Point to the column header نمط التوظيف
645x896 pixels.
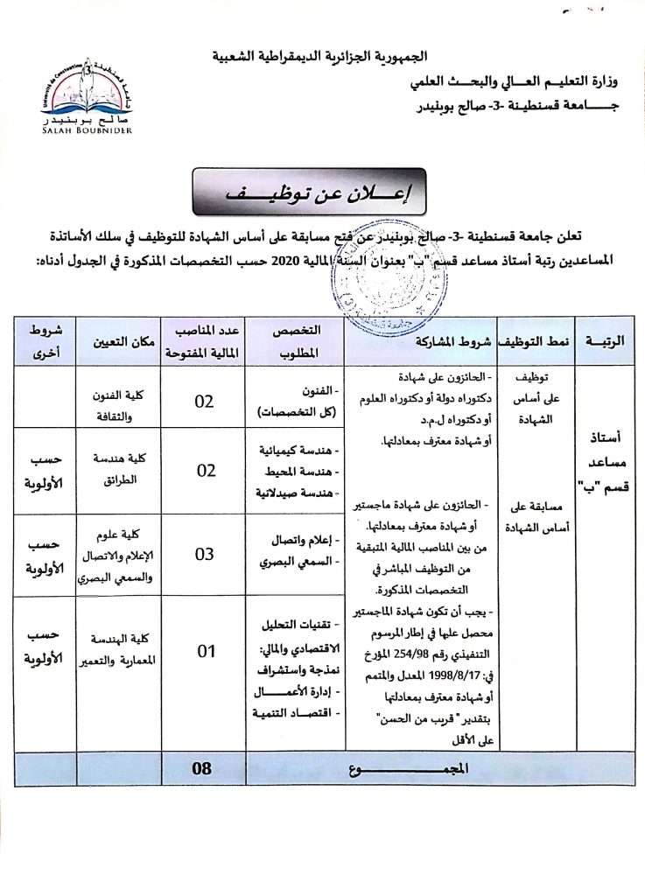536,342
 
